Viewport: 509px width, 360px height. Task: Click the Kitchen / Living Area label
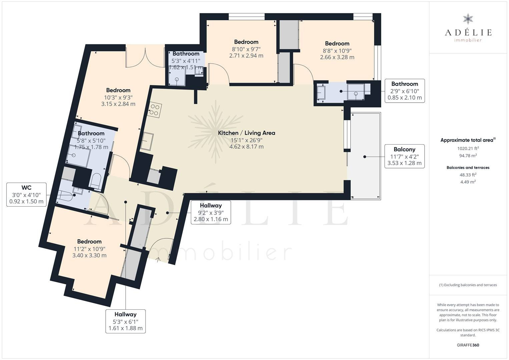(x=246, y=133)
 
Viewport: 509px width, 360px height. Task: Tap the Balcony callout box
(x=405, y=156)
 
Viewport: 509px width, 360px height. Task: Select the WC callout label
(x=26, y=195)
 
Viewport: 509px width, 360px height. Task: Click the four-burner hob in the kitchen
(x=154, y=110)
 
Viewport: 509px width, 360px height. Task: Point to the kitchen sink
(x=146, y=141)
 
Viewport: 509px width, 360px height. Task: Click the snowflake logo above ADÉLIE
(x=468, y=19)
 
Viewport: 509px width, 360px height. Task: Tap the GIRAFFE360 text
(x=468, y=345)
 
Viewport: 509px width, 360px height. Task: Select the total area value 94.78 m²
(x=468, y=156)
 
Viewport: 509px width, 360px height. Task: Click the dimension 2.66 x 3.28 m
(x=337, y=57)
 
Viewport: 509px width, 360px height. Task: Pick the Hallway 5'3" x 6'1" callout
(x=125, y=321)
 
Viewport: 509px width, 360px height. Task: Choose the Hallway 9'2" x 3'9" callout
(x=211, y=212)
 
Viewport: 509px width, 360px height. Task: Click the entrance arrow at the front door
(x=158, y=260)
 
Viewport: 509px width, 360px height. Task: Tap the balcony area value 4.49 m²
(x=468, y=182)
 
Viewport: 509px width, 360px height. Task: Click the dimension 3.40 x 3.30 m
(x=89, y=255)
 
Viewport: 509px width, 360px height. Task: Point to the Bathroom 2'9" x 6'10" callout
(x=405, y=91)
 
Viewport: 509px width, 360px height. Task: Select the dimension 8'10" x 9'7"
(x=246, y=49)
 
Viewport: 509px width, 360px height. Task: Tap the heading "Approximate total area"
(x=467, y=140)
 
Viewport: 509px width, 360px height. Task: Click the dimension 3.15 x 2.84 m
(x=118, y=104)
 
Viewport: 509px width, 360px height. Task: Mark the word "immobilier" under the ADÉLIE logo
(x=468, y=40)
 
